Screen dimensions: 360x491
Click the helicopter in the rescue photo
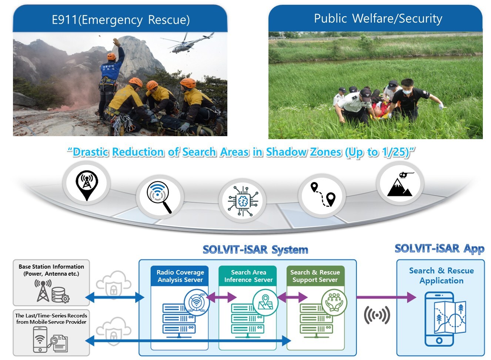coord(188,43)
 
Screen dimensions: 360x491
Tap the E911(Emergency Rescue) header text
coord(120,19)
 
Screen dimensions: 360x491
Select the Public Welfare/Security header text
coord(378,18)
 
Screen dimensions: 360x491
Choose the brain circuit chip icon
coord(242,201)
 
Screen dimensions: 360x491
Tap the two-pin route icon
coord(322,195)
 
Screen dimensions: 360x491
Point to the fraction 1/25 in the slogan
coord(396,152)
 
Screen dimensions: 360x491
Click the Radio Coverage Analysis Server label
coord(180,276)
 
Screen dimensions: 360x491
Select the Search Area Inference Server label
coord(248,276)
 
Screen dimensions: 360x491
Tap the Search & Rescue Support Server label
coord(315,276)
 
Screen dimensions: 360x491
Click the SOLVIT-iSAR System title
coord(255,250)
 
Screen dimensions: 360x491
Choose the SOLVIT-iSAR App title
coord(439,249)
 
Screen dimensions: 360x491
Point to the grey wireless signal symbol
coord(377,315)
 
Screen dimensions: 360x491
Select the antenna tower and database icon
coord(52,291)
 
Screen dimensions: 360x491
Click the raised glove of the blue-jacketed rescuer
coord(117,42)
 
